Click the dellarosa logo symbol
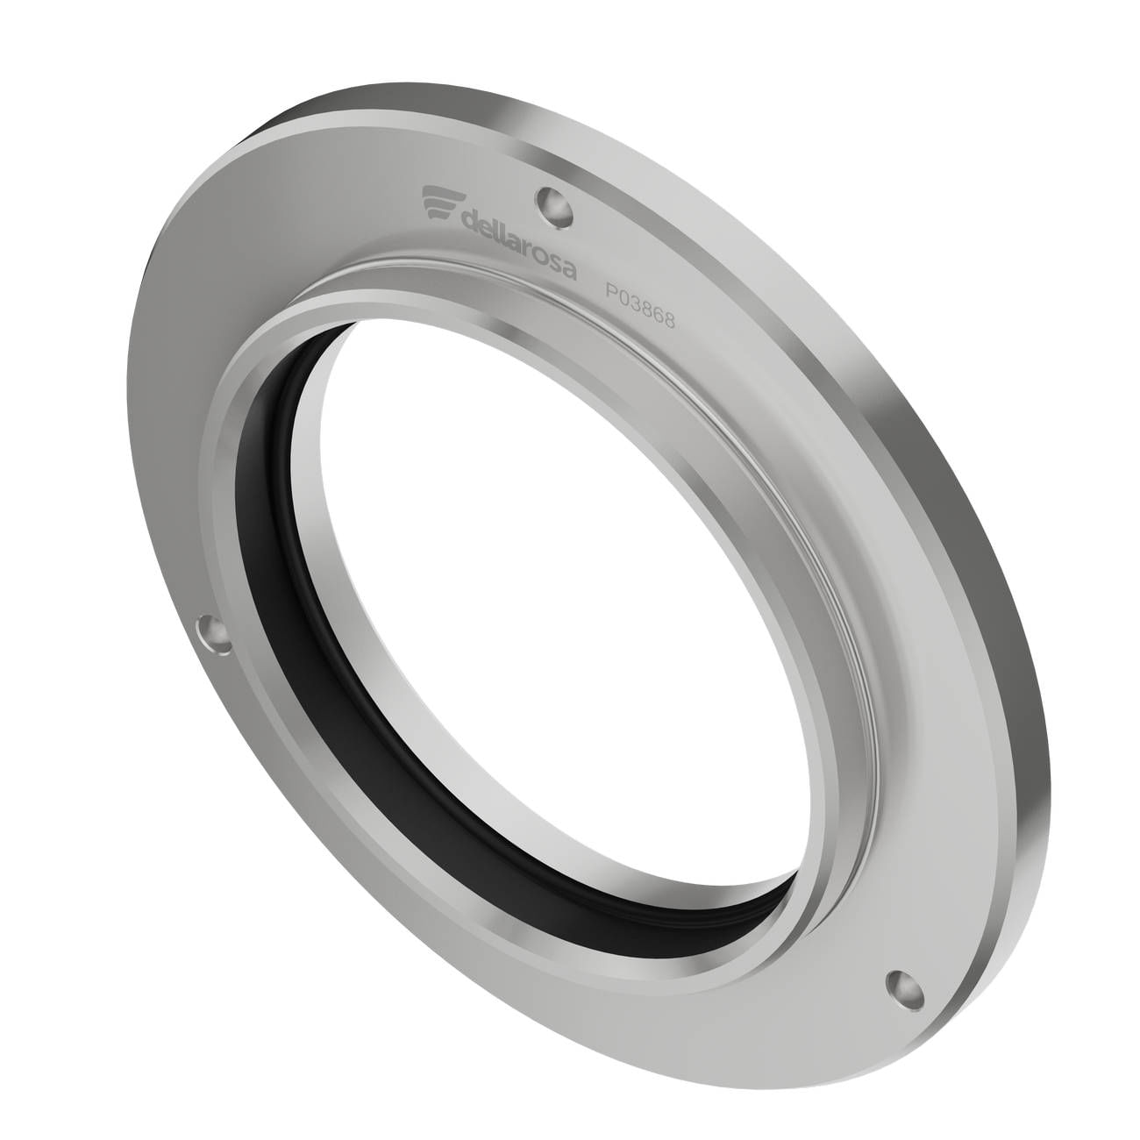(438, 203)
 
